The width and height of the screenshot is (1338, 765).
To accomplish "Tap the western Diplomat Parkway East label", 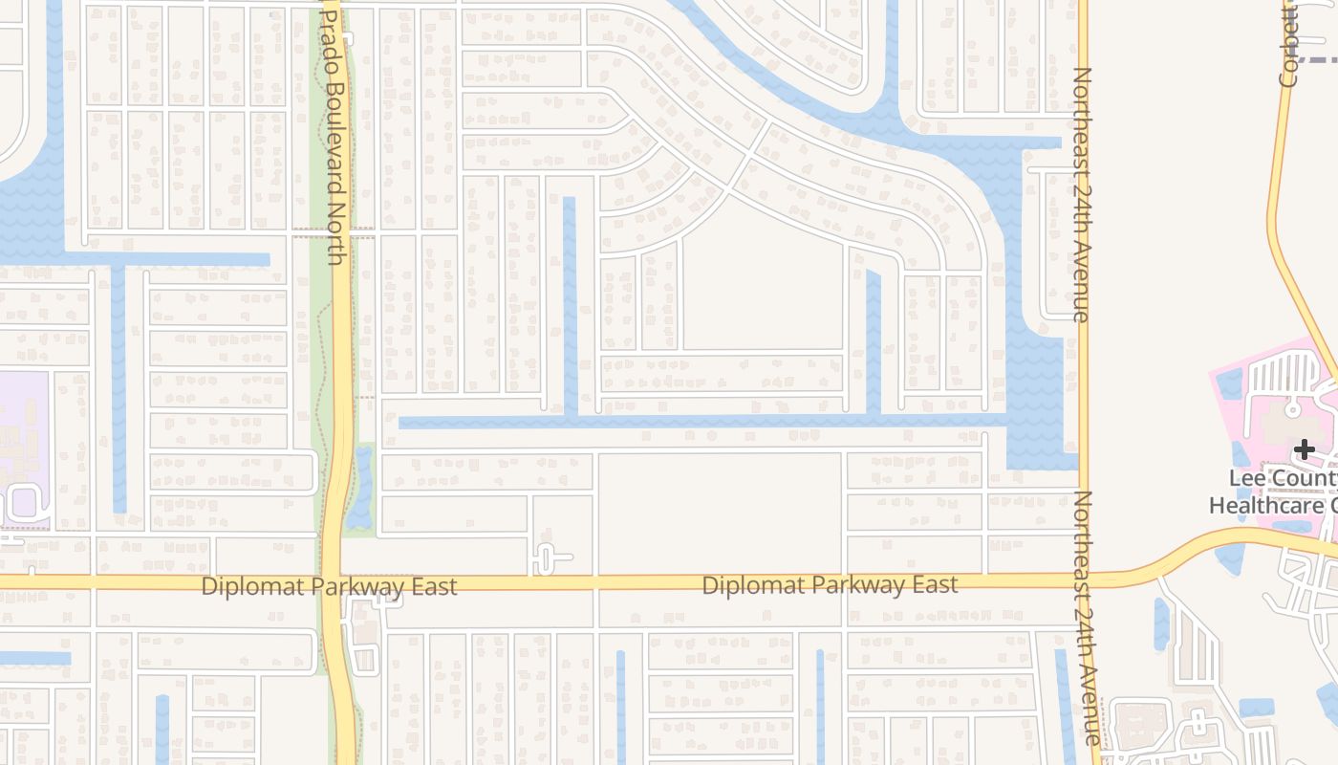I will pyautogui.click(x=329, y=586).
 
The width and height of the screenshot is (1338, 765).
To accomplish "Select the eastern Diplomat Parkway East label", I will pyautogui.click(x=830, y=584).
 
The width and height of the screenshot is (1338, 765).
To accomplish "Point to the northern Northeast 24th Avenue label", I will pyautogui.click(x=1082, y=194).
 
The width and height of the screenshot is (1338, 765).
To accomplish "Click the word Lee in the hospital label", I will pyautogui.click(x=1247, y=478).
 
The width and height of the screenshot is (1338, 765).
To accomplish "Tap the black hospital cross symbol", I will pyautogui.click(x=1305, y=449).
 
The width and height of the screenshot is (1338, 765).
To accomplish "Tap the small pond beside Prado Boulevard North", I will pyautogui.click(x=362, y=488).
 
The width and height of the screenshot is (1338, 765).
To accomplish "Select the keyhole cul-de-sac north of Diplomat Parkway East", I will pyautogui.click(x=545, y=557).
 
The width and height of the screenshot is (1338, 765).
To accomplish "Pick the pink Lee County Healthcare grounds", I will pyautogui.click(x=1242, y=430).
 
